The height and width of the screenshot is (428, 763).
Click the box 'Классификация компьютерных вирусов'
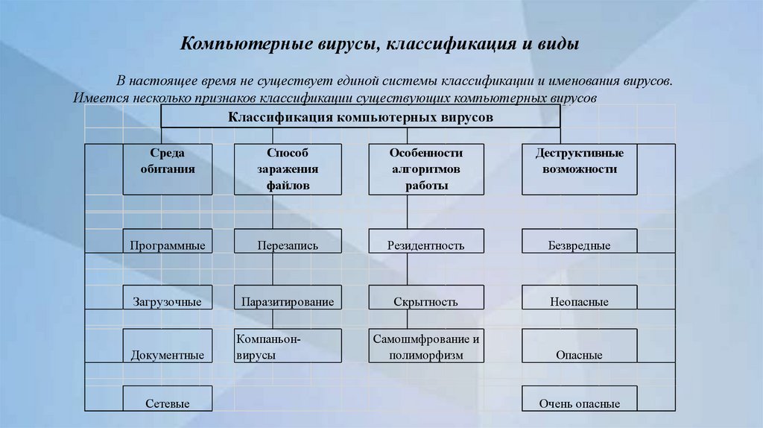click(x=360, y=117)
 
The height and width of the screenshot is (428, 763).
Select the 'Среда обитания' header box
click(x=168, y=169)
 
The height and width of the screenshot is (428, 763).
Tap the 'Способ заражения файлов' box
click(x=288, y=169)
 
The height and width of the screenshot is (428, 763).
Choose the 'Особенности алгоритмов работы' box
click(x=426, y=169)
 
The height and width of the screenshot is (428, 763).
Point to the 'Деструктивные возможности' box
click(x=579, y=169)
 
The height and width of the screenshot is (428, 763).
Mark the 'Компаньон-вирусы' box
click(x=288, y=346)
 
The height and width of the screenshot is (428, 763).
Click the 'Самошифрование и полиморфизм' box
click(x=426, y=346)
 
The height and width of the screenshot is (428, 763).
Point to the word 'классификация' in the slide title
click(x=449, y=45)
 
